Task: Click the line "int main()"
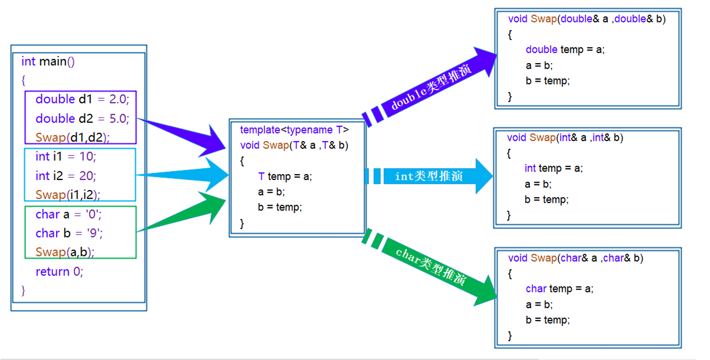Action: [48, 61]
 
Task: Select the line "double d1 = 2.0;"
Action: [82, 99]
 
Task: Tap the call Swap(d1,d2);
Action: [73, 137]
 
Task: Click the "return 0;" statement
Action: [59, 271]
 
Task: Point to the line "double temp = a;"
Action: [565, 50]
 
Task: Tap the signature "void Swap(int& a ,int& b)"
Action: [565, 138]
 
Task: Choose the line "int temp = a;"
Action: [553, 168]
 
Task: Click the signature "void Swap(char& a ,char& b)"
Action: [575, 259]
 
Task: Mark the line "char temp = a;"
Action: [559, 289]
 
